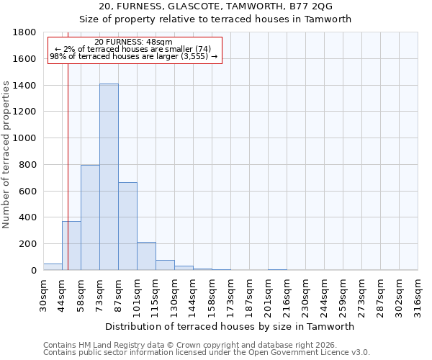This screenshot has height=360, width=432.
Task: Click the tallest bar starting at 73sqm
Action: pos(109,177)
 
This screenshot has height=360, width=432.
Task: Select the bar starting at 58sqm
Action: pos(90,217)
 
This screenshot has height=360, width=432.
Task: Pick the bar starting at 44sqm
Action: pos(71,246)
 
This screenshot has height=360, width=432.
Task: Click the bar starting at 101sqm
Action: pos(146,256)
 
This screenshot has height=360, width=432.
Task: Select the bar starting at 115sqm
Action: pos(165,265)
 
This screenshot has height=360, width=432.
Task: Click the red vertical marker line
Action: pos(68,158)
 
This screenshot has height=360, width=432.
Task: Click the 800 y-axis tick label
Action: pos(28,164)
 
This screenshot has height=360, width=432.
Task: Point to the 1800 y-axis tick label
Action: pos(25,32)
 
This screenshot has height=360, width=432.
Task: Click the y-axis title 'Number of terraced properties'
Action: pos(6,155)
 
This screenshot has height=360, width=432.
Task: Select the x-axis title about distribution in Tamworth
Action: pos(230,327)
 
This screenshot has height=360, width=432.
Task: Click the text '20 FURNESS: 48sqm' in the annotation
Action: pos(133,42)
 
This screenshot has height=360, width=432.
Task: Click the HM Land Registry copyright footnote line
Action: pos(189,345)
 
